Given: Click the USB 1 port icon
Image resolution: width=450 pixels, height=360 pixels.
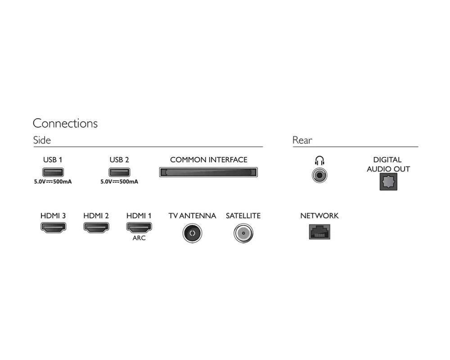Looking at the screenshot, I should pos(53,171).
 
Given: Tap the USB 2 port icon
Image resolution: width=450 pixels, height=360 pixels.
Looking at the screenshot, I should pos(119,171).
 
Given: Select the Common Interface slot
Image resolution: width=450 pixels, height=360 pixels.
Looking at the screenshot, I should pos(208,172).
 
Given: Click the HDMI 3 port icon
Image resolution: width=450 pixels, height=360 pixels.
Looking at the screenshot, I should pos(53,228).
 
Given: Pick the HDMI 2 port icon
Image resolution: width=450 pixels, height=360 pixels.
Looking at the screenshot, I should pos(96,228).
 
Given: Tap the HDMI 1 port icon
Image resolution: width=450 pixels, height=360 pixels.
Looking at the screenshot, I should pos(139,228).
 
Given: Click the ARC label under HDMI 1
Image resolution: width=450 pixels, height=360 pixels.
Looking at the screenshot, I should pos(139,238).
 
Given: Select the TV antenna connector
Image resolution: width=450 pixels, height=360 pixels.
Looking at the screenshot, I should pos(192,233).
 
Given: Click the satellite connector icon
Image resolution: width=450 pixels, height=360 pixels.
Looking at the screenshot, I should pos(243,233).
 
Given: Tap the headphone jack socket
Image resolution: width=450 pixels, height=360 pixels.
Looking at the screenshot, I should pos(319,174).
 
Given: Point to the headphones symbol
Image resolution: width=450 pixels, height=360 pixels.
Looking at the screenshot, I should pos(319,160).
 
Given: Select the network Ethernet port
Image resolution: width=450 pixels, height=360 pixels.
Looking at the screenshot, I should pos(319,231).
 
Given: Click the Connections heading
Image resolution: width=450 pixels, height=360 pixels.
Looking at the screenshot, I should pos(65,123).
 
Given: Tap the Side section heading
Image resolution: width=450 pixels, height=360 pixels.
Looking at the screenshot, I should pos(42,140).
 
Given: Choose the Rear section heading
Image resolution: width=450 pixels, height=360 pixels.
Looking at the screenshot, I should pos(302,140).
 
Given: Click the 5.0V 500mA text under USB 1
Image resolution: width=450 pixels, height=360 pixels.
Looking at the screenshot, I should pos(53,182).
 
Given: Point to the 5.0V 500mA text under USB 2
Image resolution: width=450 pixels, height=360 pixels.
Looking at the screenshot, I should pos(119,182).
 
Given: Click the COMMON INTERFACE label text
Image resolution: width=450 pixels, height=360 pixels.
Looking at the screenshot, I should pos(208,160).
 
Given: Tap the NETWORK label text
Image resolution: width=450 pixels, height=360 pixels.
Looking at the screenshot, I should pos(319,216).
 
